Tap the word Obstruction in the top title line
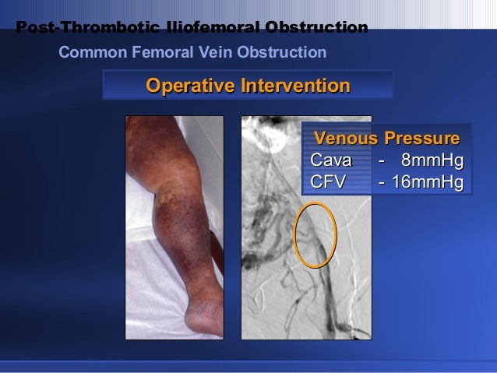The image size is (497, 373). click(315, 29)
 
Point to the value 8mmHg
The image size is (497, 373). click(432, 161)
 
